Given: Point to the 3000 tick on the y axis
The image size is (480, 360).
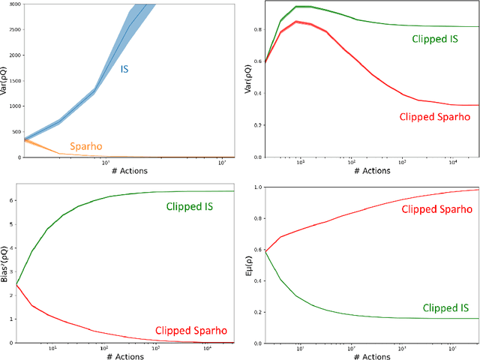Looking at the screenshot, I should pyautogui.click(x=15, y=4).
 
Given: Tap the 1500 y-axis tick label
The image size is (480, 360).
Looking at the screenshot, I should pyautogui.click(x=15, y=81).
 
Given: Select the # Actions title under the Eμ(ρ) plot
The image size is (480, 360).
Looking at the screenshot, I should pyautogui.click(x=371, y=355).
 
